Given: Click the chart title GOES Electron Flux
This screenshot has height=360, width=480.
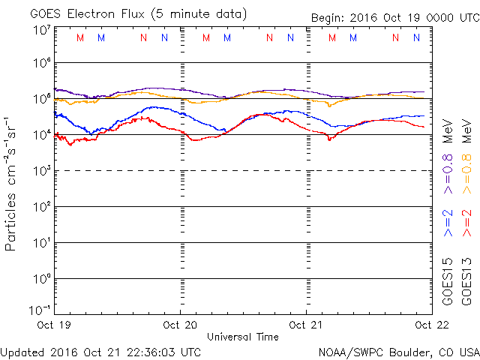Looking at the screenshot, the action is coord(87,14).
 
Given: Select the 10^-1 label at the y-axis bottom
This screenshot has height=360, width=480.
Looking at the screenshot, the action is coord(40,310).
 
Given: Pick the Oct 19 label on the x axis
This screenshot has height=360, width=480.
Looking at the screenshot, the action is coord(54,325).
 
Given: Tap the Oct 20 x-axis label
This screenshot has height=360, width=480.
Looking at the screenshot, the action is coord(180,325).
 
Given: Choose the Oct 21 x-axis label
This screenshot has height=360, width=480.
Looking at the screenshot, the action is coord(306,325).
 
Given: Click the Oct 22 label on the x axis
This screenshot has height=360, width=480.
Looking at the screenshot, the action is coord(432,325).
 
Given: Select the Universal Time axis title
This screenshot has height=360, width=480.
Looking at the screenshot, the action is coord(243,337).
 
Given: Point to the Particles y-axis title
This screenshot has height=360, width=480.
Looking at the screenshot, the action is coord(10,222).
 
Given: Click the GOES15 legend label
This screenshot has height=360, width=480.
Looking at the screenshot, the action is coord(448,282).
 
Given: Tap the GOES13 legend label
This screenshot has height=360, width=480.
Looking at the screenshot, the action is coord(466,282).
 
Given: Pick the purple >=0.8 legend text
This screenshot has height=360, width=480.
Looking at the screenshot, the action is coord(448,174).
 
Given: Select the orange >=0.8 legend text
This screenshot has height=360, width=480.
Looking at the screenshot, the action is coord(466,174).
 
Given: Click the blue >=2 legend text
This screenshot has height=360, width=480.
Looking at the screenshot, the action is coord(448,223).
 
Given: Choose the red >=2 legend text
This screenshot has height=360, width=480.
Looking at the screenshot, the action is coord(466,223).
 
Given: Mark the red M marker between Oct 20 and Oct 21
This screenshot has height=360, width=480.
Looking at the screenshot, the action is coord(206,37).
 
